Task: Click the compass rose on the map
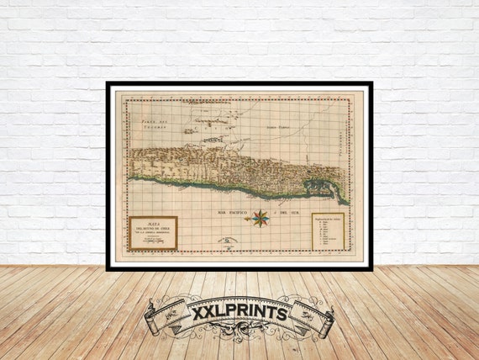(x=261, y=218)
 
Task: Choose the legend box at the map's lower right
(x=328, y=230)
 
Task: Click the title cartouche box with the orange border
(x=152, y=233)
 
